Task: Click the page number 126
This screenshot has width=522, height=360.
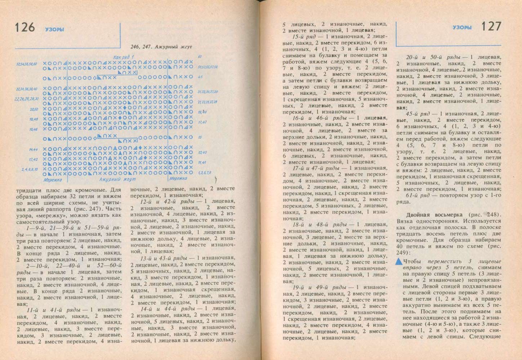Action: (25, 27)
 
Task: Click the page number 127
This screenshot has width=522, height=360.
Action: (491, 27)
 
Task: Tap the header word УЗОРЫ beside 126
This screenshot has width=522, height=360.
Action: (55, 30)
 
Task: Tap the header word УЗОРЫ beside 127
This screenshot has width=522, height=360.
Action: (462, 27)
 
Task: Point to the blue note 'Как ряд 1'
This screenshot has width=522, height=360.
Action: (123, 57)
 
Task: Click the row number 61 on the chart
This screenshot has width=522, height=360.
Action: (200, 57)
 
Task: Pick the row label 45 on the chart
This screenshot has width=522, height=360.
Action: (200, 77)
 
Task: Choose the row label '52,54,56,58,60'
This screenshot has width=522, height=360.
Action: (26, 64)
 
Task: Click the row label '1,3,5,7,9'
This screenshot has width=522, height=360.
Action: (205, 173)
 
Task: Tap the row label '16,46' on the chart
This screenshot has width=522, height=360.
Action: (34, 129)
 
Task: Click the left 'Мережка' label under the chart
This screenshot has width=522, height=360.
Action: (53, 179)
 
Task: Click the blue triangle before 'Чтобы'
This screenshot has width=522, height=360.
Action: (399, 262)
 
